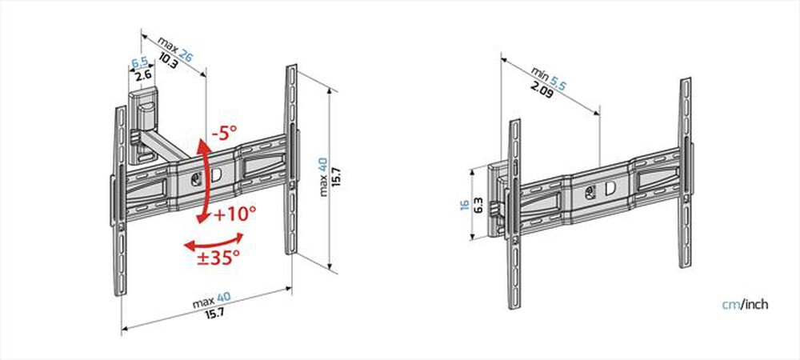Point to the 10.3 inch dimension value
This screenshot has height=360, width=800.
click(x=169, y=63)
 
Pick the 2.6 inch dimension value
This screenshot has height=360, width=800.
click(x=143, y=76)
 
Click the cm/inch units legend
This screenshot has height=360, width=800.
click(x=746, y=305)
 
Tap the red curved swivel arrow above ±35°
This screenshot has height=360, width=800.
click(x=213, y=240)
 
